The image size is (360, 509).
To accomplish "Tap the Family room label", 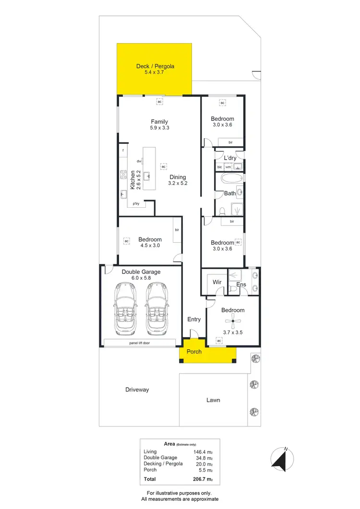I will [159, 122].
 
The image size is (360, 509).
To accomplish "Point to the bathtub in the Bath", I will [232, 180].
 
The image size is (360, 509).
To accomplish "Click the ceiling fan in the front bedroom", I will [233, 321].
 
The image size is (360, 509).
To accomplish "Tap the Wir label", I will [217, 283].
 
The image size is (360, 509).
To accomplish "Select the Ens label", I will [242, 284].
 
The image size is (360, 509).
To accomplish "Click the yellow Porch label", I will [194, 352].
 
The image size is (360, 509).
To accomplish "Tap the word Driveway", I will [137, 390].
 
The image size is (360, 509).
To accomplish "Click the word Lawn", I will [213, 400].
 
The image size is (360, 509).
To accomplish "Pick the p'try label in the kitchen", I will [136, 204].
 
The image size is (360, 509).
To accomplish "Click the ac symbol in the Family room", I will [159, 102].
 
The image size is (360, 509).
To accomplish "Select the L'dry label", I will [231, 158].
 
